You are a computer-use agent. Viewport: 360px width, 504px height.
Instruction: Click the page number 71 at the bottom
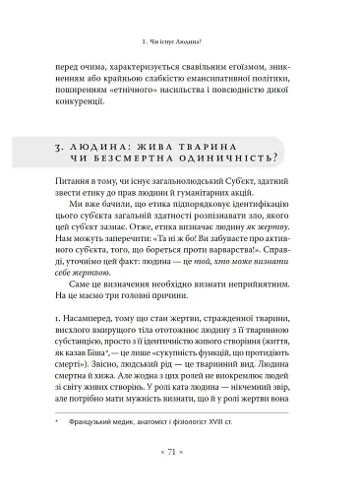pos(180,479)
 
